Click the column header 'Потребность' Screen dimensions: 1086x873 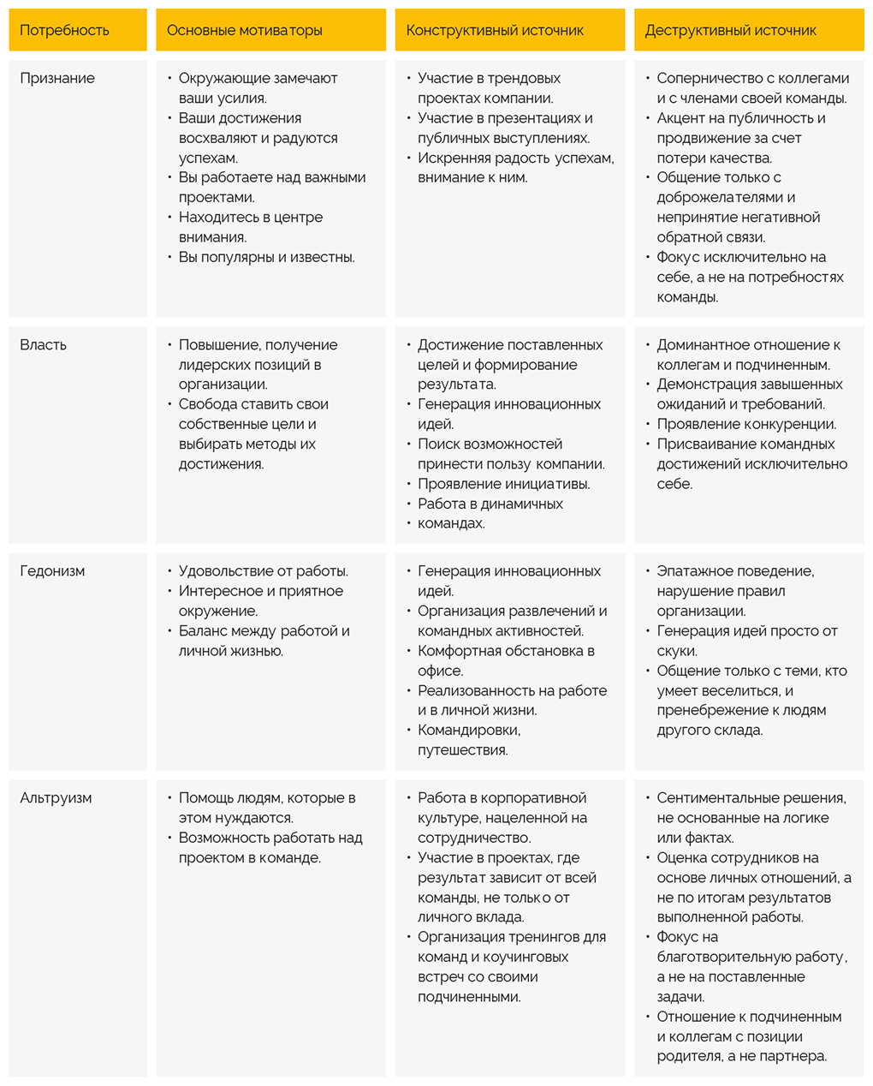point(64,31)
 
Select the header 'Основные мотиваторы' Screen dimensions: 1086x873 point(244,31)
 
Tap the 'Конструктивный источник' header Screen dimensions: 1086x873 point(495,31)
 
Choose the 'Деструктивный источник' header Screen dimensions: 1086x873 point(730,31)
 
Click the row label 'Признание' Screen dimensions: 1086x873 point(57,79)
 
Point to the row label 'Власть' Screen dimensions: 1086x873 point(44,345)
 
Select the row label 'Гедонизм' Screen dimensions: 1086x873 point(52,571)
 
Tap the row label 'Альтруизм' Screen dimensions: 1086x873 point(56,798)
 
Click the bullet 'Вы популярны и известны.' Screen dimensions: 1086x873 point(266,258)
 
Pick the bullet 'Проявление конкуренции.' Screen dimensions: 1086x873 point(746,425)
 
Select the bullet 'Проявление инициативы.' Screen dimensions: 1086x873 point(503,484)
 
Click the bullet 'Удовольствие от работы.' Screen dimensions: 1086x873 point(263,571)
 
